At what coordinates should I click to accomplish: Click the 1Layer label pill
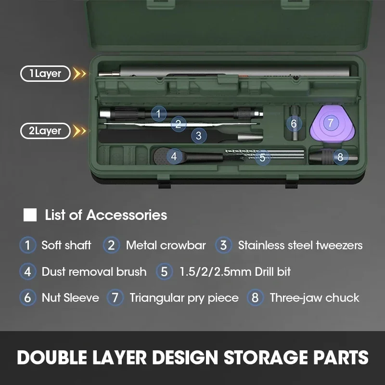[45, 74]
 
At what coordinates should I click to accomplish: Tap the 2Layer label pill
[45, 130]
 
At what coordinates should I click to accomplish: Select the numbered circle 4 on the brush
[174, 156]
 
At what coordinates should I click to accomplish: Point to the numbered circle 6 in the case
[294, 124]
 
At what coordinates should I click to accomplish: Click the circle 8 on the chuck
[340, 157]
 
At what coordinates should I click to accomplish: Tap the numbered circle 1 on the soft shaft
[159, 114]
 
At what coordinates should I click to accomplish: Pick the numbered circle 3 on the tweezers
[199, 136]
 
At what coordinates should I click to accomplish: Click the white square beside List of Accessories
[30, 215]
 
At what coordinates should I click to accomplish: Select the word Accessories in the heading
[127, 215]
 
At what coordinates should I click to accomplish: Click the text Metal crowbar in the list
[166, 245]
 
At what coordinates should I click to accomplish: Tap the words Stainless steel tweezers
[300, 245]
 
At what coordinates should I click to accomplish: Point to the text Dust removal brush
[94, 271]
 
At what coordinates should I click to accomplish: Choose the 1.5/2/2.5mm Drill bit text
[235, 271]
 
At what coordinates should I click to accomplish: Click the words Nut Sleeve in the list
[70, 297]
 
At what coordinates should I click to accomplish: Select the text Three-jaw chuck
[315, 298]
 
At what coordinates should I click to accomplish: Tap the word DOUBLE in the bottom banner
[52, 357]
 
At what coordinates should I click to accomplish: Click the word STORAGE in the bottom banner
[266, 357]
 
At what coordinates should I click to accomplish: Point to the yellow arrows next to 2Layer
[80, 131]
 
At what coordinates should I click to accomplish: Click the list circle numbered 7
[115, 297]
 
